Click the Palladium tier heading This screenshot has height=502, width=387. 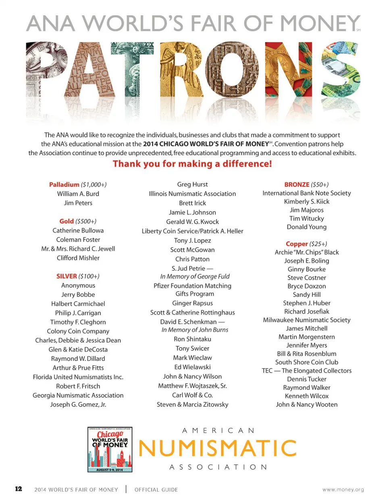pyautogui.click(x=78, y=185)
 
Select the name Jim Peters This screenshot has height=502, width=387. pyautogui.click(x=78, y=203)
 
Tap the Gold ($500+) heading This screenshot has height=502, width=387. pyautogui.click(x=78, y=221)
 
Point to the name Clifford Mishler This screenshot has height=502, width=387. pyautogui.click(x=78, y=258)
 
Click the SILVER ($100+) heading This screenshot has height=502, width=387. pyautogui.click(x=78, y=276)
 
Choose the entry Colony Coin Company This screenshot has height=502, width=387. pyautogui.click(x=78, y=331)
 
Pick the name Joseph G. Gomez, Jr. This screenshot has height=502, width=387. pyautogui.click(x=78, y=404)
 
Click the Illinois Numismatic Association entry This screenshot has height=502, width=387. pyautogui.click(x=192, y=194)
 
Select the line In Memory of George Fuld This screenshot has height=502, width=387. pyautogui.click(x=195, y=276)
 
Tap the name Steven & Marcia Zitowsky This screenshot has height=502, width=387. pyautogui.click(x=192, y=404)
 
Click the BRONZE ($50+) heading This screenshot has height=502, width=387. pyautogui.click(x=306, y=184)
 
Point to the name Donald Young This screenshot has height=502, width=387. pyautogui.click(x=306, y=227)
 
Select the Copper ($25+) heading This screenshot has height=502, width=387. pyautogui.click(x=306, y=244)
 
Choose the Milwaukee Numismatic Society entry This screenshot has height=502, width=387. pyautogui.click(x=306, y=320)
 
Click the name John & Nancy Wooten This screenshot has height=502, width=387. pyautogui.click(x=306, y=404)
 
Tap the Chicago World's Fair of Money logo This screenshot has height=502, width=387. pyautogui.click(x=110, y=450)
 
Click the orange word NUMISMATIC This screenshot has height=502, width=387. pyautogui.click(x=218, y=448)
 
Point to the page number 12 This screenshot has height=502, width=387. pyautogui.click(x=19, y=489)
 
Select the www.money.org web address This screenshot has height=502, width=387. pyautogui.click(x=343, y=490)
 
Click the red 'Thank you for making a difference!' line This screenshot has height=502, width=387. pyautogui.click(x=192, y=164)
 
